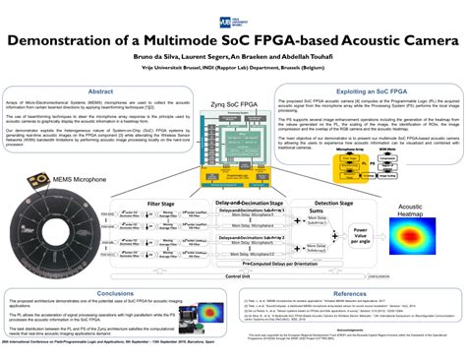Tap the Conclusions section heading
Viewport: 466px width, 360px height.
[117, 293]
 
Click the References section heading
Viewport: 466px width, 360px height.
[351, 293]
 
